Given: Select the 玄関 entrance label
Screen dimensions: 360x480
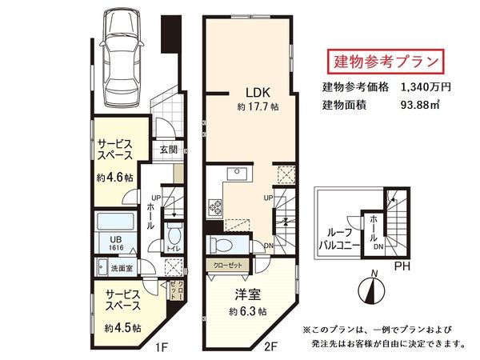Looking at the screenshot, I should click(x=168, y=149).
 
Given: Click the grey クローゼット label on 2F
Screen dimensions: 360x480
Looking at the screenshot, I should click(x=230, y=265).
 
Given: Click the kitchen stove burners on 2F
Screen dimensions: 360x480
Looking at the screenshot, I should click(x=215, y=210).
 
